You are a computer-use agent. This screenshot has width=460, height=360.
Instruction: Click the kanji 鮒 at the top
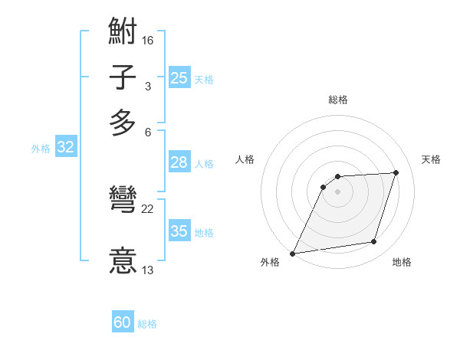[x=123, y=33]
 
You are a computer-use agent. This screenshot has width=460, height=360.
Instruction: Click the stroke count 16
[x=148, y=39]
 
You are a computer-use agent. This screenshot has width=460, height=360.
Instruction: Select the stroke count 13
[x=148, y=270]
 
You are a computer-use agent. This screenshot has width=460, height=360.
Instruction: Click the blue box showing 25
[x=179, y=77]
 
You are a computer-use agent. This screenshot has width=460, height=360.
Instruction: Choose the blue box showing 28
[x=179, y=162]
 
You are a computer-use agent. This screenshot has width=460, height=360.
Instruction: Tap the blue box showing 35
[x=179, y=231]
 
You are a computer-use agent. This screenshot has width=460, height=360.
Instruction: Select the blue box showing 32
[x=66, y=148]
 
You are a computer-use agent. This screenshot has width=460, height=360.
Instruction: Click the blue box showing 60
[x=123, y=322]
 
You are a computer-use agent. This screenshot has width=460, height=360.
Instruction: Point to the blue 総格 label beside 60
[x=148, y=324]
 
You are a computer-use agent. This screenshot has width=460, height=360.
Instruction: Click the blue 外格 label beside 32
[x=41, y=149]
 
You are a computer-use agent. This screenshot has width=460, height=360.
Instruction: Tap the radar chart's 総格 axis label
[x=338, y=100]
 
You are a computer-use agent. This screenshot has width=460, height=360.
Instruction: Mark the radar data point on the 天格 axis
[x=396, y=172]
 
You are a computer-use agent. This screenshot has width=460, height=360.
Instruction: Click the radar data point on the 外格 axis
[x=292, y=253]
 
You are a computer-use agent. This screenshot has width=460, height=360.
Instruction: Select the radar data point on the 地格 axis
[x=374, y=242]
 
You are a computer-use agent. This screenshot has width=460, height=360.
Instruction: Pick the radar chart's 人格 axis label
[x=245, y=159]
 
